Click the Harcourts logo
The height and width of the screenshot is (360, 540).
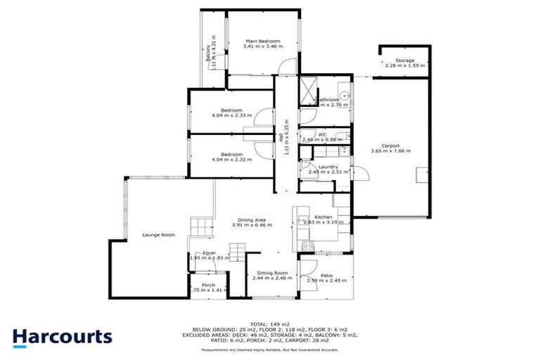click(x=62, y=336)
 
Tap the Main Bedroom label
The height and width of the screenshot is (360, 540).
click(x=262, y=41)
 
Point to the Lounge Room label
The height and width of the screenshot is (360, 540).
click(x=158, y=235)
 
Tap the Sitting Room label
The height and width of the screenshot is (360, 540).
click(x=271, y=272)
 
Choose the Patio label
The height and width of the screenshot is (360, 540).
click(x=326, y=275)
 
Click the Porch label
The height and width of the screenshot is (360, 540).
click(x=208, y=285)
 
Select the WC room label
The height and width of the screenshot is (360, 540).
click(x=322, y=134)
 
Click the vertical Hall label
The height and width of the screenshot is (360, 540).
click(x=281, y=140)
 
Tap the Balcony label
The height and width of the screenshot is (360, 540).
click(x=207, y=52)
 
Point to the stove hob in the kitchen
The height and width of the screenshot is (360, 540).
click(x=307, y=246)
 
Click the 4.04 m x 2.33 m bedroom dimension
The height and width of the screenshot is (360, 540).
click(x=231, y=116)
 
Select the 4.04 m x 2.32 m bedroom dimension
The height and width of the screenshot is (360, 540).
click(x=231, y=160)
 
